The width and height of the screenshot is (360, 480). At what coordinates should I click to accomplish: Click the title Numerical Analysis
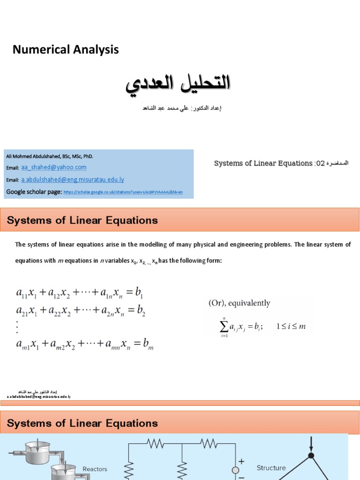66,50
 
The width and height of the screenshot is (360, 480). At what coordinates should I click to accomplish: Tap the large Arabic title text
179,83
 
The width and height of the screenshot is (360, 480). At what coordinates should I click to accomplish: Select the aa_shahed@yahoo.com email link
54,167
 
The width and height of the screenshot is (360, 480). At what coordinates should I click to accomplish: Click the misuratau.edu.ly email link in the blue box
73,180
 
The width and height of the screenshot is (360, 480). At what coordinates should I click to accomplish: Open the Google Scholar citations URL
123,192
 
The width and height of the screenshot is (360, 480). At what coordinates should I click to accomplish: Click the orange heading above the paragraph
82,220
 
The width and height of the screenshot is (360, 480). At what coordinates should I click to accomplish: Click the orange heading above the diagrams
82,423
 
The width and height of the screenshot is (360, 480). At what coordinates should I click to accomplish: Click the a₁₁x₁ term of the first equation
27,293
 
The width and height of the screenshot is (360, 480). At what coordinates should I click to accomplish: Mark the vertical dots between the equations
17,326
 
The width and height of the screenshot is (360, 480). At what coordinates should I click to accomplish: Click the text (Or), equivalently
239,303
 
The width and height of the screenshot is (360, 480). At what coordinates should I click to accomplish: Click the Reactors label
95,469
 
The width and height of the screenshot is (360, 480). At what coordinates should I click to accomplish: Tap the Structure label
271,468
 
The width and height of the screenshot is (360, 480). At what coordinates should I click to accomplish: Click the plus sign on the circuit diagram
241,462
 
